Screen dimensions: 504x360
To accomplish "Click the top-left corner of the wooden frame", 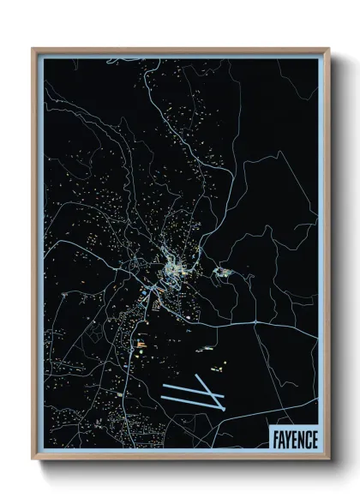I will pyautogui.click(x=33, y=49).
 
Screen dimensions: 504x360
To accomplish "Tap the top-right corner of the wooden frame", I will pyautogui.click(x=329, y=49).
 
